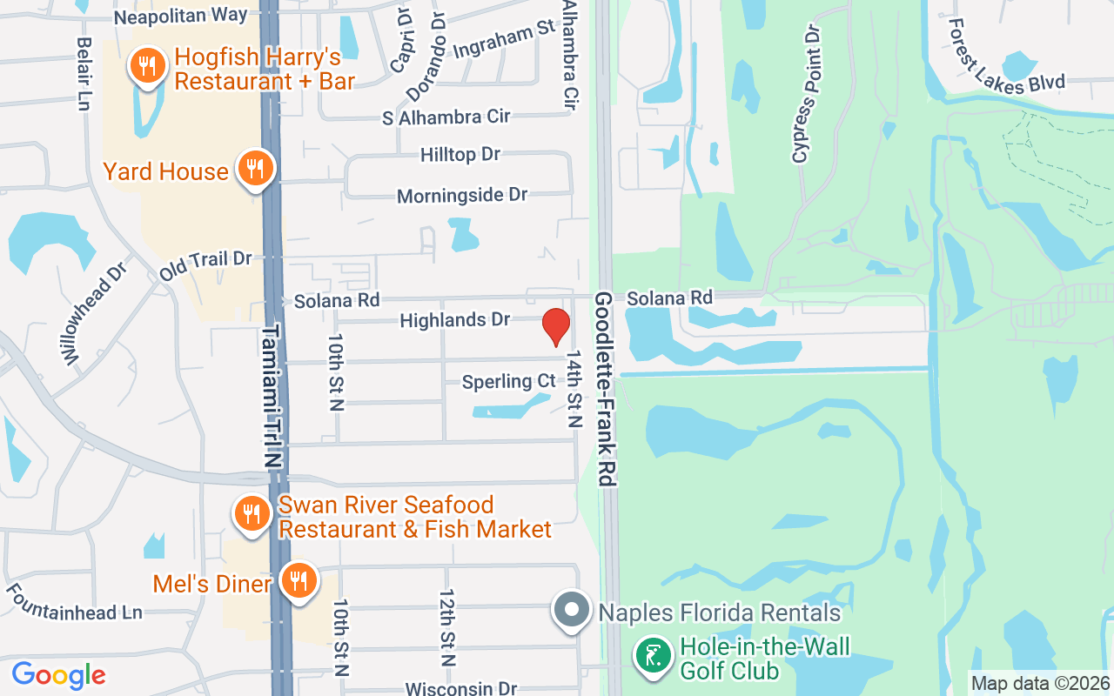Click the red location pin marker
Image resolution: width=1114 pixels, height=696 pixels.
click(555, 326)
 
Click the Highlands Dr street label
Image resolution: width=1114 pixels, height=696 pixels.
click(454, 320)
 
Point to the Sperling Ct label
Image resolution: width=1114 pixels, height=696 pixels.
click(508, 381)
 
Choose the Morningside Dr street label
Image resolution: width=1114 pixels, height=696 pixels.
click(462, 195)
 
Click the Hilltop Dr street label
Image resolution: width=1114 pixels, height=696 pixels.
click(460, 154)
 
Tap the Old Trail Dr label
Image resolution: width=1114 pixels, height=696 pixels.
click(205, 265)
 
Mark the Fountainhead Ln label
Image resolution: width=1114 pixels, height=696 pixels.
click(74, 602)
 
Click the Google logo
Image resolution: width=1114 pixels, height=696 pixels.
click(58, 674)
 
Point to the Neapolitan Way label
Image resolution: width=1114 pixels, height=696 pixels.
click(180, 16)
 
